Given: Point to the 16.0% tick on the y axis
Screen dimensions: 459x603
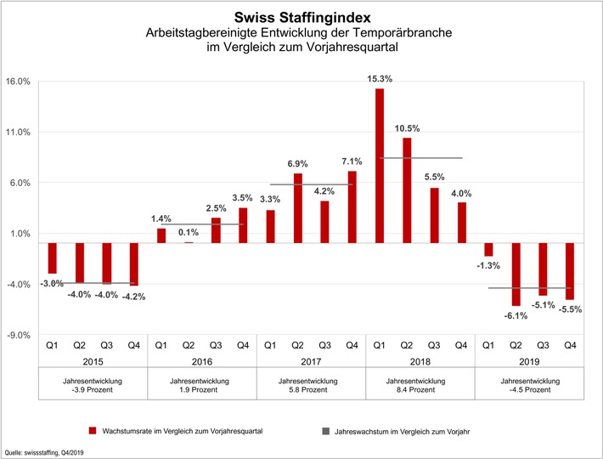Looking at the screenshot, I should click(x=18, y=82).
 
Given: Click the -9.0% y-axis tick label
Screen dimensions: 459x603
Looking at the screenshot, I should click(x=18, y=335).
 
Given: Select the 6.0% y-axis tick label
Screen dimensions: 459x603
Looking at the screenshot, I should click(x=19, y=183).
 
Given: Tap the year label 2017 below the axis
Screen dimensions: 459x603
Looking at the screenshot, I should click(x=311, y=360).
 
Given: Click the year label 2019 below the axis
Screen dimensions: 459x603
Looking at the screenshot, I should click(x=529, y=360).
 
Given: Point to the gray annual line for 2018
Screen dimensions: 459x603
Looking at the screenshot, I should click(x=420, y=157).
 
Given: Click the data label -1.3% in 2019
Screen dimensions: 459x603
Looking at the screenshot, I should click(x=487, y=266).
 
